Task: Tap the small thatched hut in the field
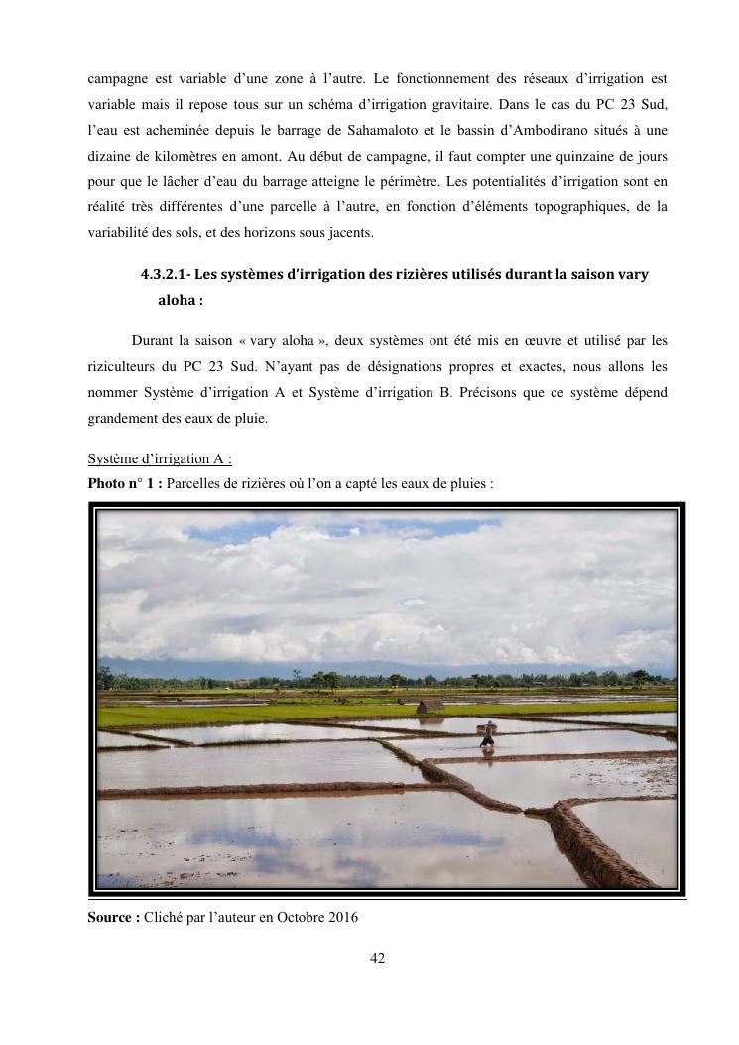click(x=430, y=706)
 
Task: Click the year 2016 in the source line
click(x=340, y=918)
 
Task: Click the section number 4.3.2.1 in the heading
click(x=170, y=275)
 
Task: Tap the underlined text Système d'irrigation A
click(x=160, y=459)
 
